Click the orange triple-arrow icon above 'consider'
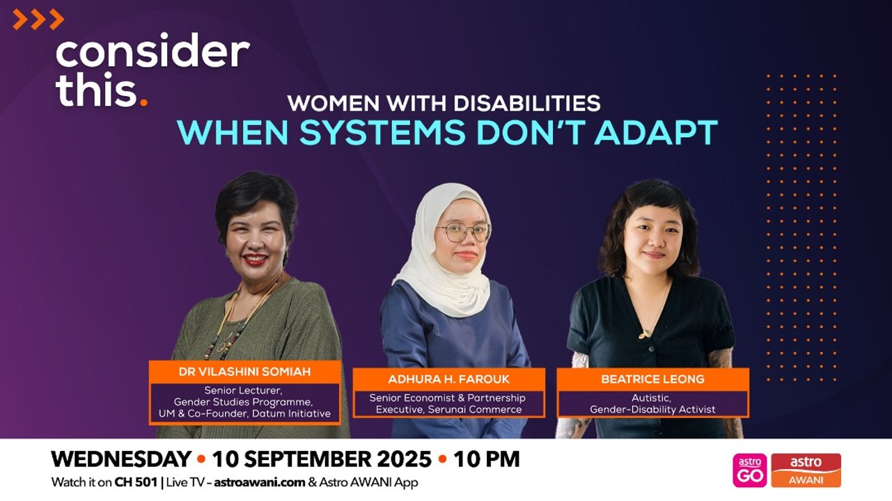pos(38,19)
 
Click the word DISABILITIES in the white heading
pos(526,103)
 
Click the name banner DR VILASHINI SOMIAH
pos(244,372)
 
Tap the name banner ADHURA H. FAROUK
pos(448,379)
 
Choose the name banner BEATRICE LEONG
pos(652,379)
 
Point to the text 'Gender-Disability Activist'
pos(652,409)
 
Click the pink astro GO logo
pos(749,470)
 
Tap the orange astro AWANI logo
pos(806,470)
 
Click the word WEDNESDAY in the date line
pos(121,459)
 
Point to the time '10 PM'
pos(487,459)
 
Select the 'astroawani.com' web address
pos(259,482)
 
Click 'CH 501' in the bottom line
pos(136,482)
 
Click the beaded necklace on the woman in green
pos(233,327)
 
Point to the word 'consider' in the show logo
pos(152,52)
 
